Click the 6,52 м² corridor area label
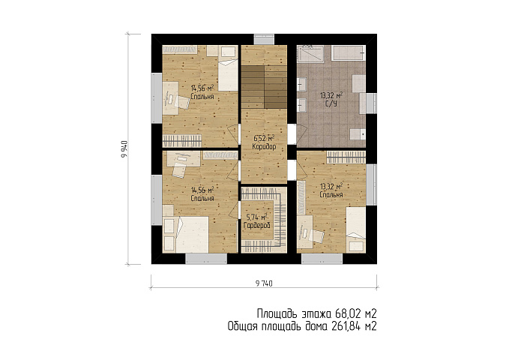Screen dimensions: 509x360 264,139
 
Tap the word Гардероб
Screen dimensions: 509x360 257,225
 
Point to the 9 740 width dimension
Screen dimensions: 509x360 264,283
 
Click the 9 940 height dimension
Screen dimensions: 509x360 124,149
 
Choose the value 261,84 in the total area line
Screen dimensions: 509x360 346,326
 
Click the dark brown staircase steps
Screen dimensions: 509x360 264,87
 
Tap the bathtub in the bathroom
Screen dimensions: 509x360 349,52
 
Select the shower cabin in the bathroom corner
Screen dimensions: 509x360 310,54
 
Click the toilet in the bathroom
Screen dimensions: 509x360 358,133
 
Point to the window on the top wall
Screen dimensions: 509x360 264,39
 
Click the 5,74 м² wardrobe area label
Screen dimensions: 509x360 256,217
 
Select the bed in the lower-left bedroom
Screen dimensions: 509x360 192,235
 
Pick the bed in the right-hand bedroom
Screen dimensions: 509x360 356,229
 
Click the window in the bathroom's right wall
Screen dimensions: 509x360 371,103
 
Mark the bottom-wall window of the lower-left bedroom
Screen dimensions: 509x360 206,259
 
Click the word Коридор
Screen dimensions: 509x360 264,147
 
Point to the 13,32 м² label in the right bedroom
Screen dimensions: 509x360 331,187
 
